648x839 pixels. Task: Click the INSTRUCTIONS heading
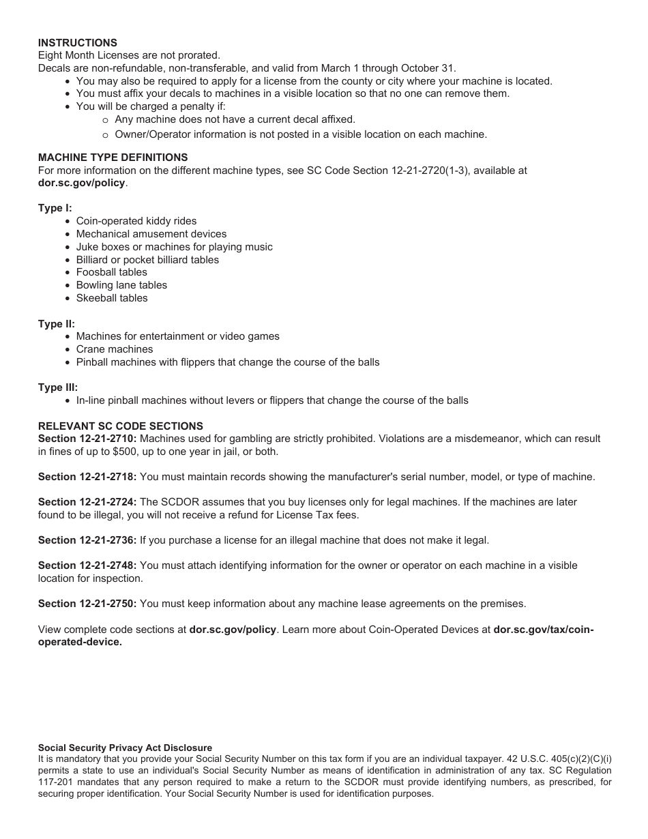(77, 43)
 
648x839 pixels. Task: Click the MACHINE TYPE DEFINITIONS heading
(113, 158)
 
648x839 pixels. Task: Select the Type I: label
(55, 208)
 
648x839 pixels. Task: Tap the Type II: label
(57, 324)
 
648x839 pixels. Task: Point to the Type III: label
(58, 387)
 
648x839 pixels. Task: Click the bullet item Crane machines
(115, 349)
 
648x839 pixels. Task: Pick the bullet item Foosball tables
(111, 272)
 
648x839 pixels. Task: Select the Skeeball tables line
(112, 298)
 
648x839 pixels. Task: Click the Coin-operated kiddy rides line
(136, 221)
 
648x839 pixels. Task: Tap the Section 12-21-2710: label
(87, 439)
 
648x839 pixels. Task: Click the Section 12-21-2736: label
(87, 540)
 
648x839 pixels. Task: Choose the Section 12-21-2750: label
(87, 604)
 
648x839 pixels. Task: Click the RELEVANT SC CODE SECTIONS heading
(120, 426)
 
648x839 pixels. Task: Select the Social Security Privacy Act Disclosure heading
(125, 748)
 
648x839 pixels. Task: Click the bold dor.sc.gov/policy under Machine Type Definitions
(81, 183)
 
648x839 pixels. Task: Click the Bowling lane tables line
(121, 285)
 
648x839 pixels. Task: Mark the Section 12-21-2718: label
(87, 477)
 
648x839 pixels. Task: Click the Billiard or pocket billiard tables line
(147, 260)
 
